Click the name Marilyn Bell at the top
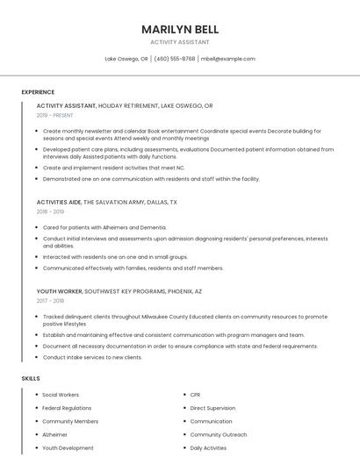point(180,29)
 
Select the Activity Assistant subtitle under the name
point(180,41)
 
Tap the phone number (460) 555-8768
point(175,59)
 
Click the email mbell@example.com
point(228,59)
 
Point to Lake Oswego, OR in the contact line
point(126,59)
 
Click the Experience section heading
point(38,92)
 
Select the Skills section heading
point(31,378)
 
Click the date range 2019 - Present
point(55,115)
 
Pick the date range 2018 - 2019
point(50,211)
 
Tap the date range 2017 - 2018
point(50,300)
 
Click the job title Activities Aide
point(58,202)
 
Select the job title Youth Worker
point(60,290)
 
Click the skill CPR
point(195,395)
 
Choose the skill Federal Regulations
point(67,408)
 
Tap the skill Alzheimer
point(54,434)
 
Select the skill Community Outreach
point(219,434)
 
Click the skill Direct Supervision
point(212,408)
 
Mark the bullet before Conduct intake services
point(37,357)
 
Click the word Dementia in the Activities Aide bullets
point(151,227)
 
